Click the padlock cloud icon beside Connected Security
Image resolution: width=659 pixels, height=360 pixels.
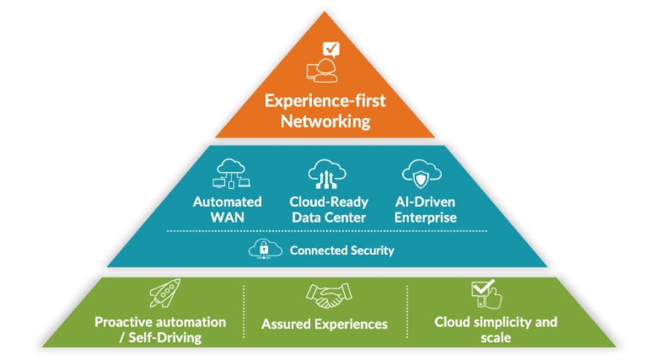tap(265, 249)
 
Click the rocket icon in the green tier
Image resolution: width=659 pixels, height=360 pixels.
tap(164, 294)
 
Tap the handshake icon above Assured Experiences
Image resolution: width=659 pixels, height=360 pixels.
tap(325, 295)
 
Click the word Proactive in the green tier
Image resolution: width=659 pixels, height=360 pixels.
tap(123, 322)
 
